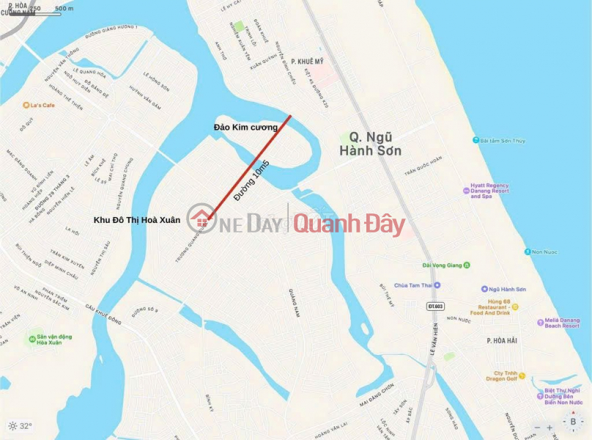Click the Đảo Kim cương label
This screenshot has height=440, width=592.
(x=245, y=127)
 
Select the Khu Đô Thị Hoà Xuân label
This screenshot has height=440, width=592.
(x=136, y=219)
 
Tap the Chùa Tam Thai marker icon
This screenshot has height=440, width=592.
(x=437, y=285)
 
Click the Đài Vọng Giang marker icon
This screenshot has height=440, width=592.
(x=467, y=265)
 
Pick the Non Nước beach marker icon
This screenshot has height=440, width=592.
(x=528, y=252)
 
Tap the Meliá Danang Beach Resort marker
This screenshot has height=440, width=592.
(x=539, y=321)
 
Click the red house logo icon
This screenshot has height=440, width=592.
(x=200, y=219)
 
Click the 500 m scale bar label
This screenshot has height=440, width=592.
(x=64, y=9)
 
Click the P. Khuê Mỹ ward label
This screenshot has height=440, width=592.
(x=307, y=62)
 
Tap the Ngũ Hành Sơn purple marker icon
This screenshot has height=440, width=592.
(x=484, y=290)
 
